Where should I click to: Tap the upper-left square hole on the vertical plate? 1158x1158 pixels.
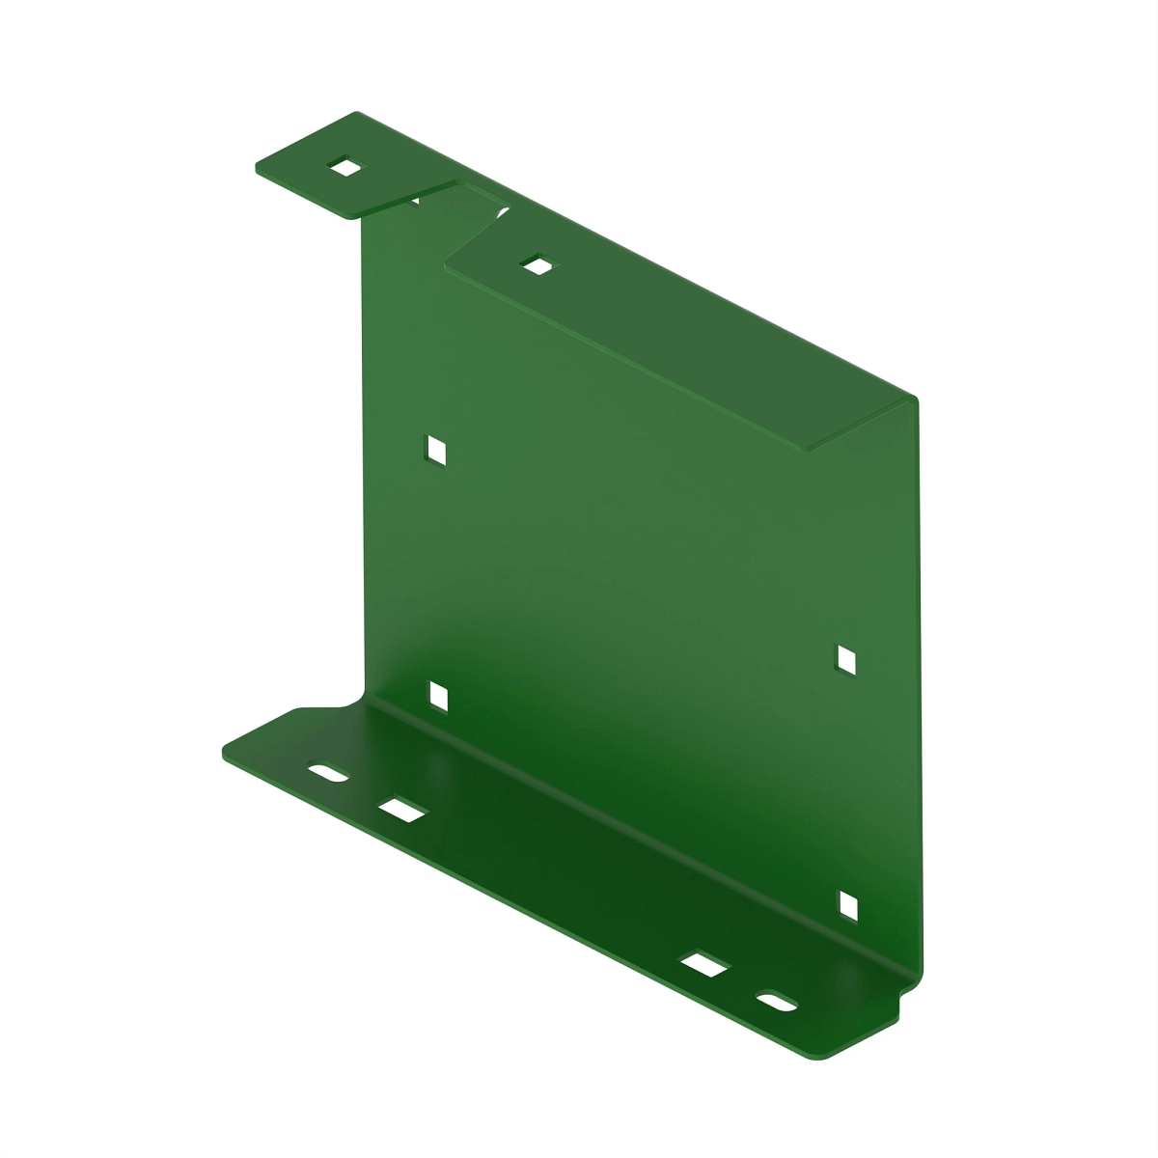pyautogui.click(x=436, y=449)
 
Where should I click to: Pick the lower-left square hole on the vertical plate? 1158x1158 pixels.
pyautogui.click(x=438, y=695)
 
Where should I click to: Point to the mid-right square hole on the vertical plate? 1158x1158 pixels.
pyautogui.click(x=846, y=659)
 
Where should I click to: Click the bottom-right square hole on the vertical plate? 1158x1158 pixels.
pyautogui.click(x=848, y=905)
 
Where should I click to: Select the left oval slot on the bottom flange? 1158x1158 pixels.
pyautogui.click(x=328, y=774)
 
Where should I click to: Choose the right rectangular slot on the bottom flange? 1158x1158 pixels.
pyautogui.click(x=704, y=966)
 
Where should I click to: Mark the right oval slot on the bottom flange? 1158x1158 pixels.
pyautogui.click(x=778, y=1003)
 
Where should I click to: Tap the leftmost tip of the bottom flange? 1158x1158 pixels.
pyautogui.click(x=224, y=752)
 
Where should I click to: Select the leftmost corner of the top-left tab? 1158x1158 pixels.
pyautogui.click(x=257, y=168)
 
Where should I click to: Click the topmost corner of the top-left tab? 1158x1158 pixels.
pyautogui.click(x=356, y=113)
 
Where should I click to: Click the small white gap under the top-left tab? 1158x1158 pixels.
pyautogui.click(x=416, y=201)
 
